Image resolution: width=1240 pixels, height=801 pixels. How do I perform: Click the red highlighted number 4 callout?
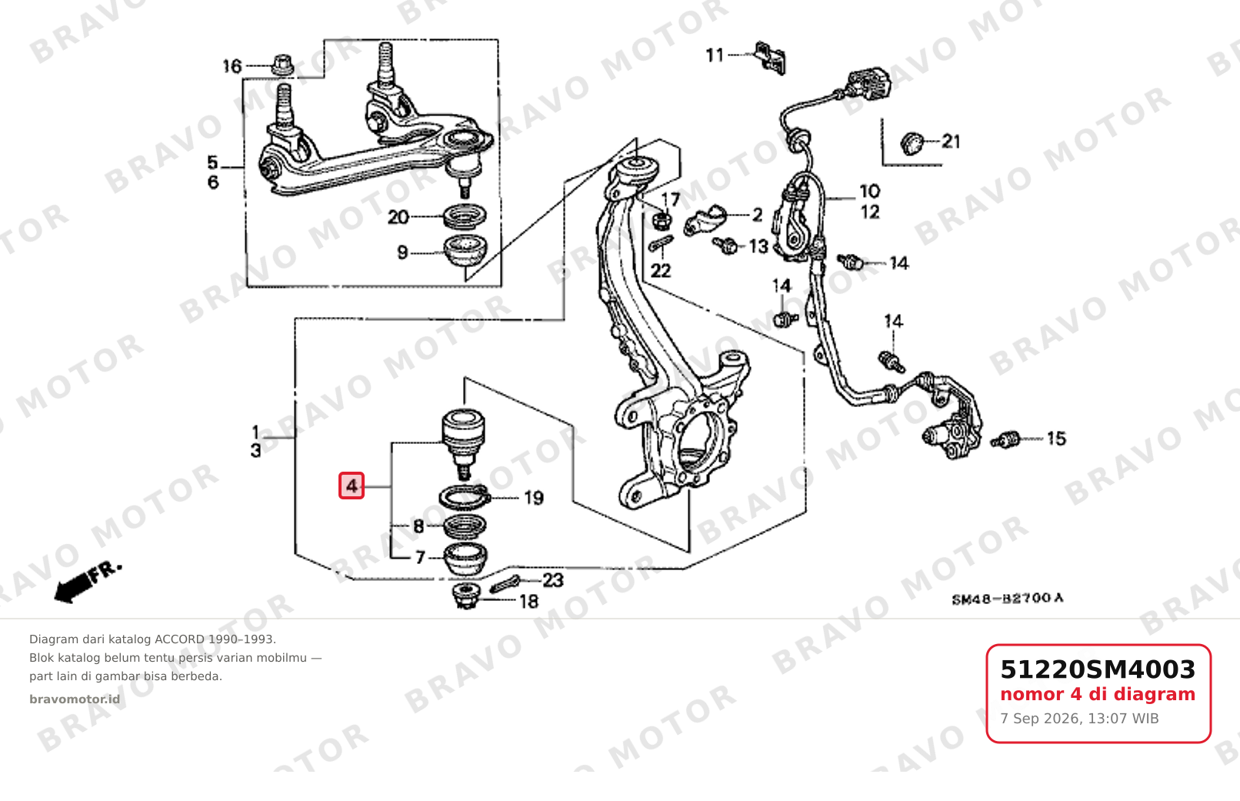click(352, 486)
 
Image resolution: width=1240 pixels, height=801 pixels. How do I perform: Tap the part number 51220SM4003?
click(1098, 669)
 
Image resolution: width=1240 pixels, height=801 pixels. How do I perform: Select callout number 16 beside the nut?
click(232, 66)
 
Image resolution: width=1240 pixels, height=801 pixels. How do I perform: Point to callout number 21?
click(951, 142)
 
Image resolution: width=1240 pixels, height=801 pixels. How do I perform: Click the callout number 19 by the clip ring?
click(534, 498)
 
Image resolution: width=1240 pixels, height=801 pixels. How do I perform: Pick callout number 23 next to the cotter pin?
click(553, 580)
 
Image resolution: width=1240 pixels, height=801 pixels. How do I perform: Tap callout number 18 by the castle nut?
click(528, 601)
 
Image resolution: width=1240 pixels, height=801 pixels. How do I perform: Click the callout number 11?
click(715, 55)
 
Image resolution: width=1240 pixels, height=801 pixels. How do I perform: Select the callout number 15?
click(1056, 439)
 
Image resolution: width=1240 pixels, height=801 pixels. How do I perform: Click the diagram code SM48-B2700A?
click(1008, 599)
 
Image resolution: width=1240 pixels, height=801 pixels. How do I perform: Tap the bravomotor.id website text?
click(75, 699)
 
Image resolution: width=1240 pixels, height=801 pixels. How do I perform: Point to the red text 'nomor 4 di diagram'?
click(1098, 694)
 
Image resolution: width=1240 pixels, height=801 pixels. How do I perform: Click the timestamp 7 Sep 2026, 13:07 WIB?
click(1079, 719)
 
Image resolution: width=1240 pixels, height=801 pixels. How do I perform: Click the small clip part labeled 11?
click(770, 57)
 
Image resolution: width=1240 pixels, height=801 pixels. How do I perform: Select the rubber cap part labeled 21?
click(912, 143)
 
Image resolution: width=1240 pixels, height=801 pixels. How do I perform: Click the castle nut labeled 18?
click(465, 596)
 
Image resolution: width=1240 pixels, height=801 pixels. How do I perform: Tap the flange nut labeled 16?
click(282, 65)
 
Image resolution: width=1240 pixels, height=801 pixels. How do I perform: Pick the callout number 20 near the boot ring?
click(398, 218)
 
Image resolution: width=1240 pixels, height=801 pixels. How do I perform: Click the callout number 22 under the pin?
click(661, 271)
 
